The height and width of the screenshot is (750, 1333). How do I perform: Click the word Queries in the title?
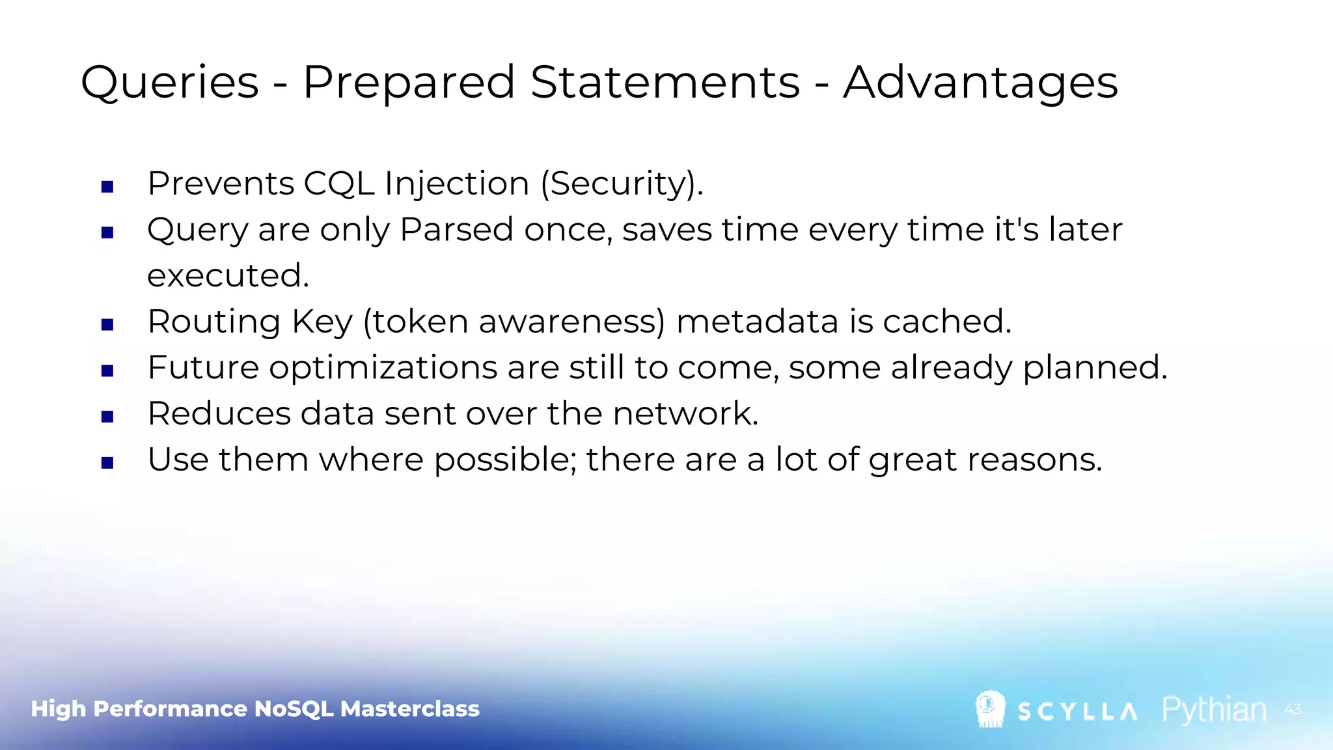[x=170, y=83]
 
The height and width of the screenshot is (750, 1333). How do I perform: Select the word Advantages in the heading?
[x=980, y=83]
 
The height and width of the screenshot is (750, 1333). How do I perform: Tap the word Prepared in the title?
[x=409, y=83]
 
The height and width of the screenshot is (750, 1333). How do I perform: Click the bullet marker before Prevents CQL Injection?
[x=108, y=187]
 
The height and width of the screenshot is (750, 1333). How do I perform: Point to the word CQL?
[x=339, y=184]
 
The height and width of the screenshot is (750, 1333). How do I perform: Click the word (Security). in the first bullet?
[x=622, y=184]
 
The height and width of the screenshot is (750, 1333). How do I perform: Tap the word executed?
[x=228, y=276]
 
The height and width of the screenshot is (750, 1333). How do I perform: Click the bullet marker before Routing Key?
[x=108, y=325]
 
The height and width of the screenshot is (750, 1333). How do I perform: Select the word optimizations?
[x=383, y=368]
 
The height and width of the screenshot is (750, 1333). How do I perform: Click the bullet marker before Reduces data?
[x=108, y=417]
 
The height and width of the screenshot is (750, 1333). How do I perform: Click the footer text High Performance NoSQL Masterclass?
[x=255, y=709]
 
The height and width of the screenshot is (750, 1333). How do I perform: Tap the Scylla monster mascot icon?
[x=990, y=709]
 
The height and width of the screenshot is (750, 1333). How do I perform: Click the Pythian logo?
[x=1214, y=710]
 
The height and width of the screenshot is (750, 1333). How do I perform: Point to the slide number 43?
[x=1293, y=710]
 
